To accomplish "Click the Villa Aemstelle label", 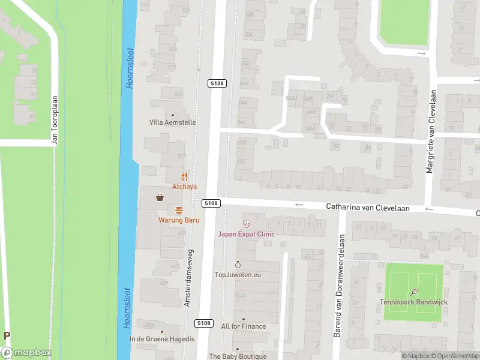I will click(x=173, y=122).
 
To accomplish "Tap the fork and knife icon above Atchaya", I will click(x=184, y=176).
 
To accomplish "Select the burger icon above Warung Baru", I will click(x=179, y=210).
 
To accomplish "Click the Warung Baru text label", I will click(x=179, y=220).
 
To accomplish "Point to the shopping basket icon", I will click(x=160, y=197).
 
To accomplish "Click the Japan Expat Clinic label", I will click(x=246, y=234).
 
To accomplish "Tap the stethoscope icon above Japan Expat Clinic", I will click(x=246, y=224).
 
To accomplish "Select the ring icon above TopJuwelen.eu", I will click(x=238, y=265).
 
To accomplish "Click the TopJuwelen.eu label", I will click(x=238, y=275).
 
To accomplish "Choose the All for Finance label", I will click(x=243, y=326).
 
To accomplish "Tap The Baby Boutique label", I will click(x=238, y=356).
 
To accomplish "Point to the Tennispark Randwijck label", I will click(x=413, y=302).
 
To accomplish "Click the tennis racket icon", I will click(x=414, y=292).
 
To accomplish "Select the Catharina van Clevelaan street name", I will click(x=367, y=206).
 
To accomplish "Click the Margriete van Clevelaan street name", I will click(x=430, y=132).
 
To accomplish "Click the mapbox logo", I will click(x=26, y=353).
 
